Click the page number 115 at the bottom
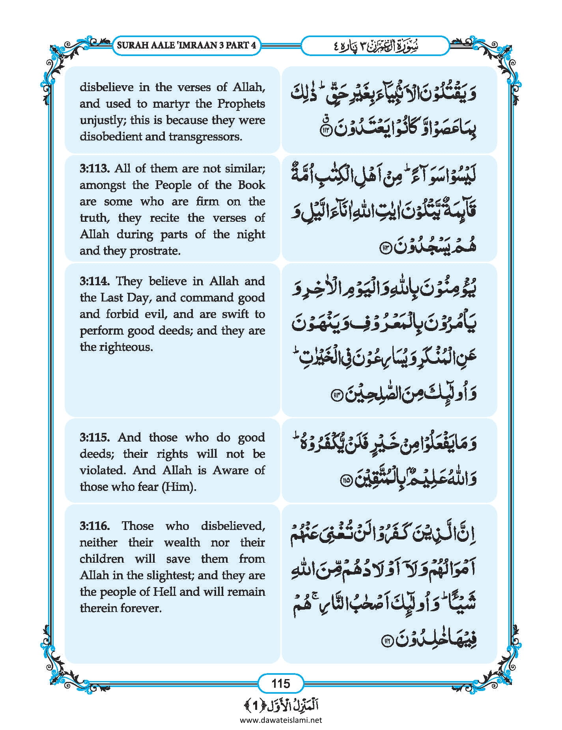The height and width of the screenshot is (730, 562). tap(280, 683)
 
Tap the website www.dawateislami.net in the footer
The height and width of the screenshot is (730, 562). tap(281, 720)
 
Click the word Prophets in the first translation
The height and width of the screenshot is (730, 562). tap(241, 104)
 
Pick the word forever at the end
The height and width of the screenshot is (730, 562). tap(142, 608)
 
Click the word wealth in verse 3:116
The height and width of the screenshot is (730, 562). tap(182, 543)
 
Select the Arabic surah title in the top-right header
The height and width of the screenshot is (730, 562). tap(375, 46)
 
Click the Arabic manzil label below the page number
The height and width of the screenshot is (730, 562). tap(281, 705)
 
